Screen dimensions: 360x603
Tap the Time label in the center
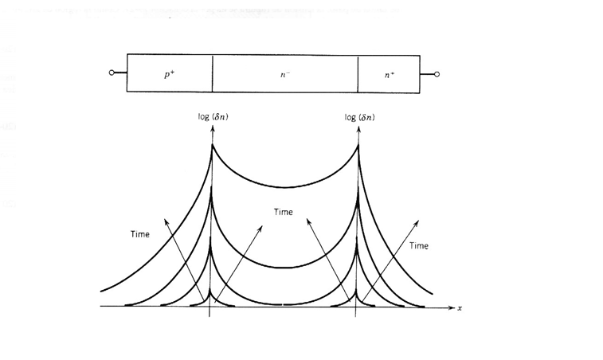tap(284, 213)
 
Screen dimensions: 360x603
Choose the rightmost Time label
tap(419, 246)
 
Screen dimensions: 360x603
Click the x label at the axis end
tap(460, 307)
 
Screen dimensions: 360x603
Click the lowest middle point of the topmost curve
tap(284, 187)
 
